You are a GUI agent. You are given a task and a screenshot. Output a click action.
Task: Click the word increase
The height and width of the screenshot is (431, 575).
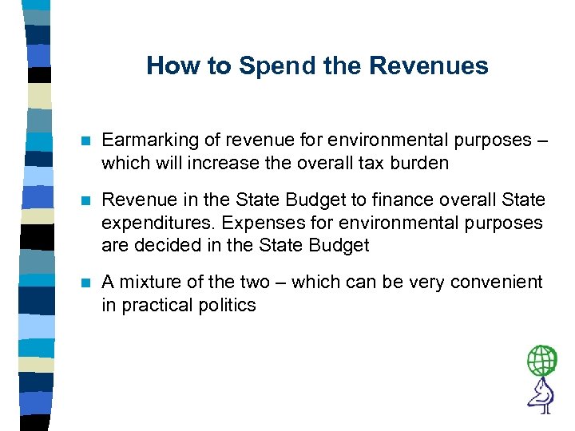219,163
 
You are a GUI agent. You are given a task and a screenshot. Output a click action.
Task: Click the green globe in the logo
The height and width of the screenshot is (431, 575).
541,361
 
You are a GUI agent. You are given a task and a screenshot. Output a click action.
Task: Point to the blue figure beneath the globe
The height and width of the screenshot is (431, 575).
541,394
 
